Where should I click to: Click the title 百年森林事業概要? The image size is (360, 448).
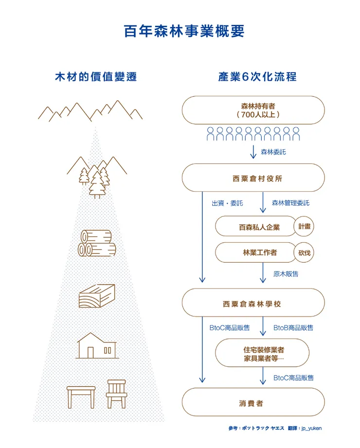(x=184, y=31)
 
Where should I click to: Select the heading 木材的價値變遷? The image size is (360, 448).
(x=95, y=77)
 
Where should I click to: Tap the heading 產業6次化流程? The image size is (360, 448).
(x=257, y=77)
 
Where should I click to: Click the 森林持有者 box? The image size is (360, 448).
(x=253, y=110)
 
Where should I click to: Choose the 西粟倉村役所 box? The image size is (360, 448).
(x=253, y=178)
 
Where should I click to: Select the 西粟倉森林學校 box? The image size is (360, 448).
(x=253, y=304)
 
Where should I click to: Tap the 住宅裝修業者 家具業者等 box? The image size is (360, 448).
(x=263, y=353)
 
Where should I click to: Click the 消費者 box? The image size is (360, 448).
(x=253, y=403)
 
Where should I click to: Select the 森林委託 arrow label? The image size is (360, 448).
(x=273, y=152)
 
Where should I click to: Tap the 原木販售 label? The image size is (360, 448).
(x=286, y=274)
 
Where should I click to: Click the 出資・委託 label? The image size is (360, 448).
(x=227, y=203)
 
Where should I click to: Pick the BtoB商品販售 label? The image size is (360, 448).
(x=293, y=328)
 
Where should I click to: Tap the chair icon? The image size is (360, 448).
(x=116, y=394)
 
